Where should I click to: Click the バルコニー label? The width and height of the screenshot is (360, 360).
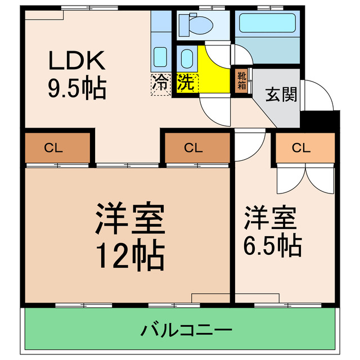(x=180, y=329)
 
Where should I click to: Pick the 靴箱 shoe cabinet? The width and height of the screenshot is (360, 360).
(x=241, y=80)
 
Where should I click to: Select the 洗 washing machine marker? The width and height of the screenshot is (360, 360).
(x=185, y=83)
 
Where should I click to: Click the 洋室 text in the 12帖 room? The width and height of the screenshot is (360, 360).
(x=129, y=219)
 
